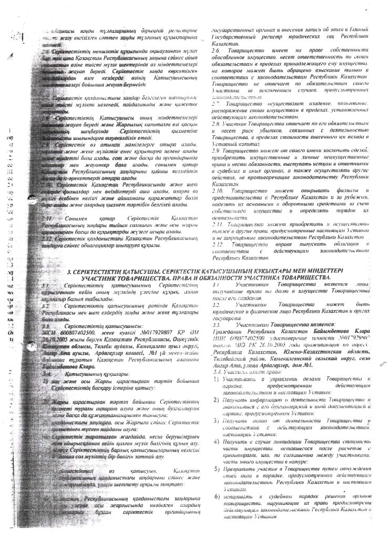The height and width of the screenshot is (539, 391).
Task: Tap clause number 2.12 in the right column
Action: (217, 243)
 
